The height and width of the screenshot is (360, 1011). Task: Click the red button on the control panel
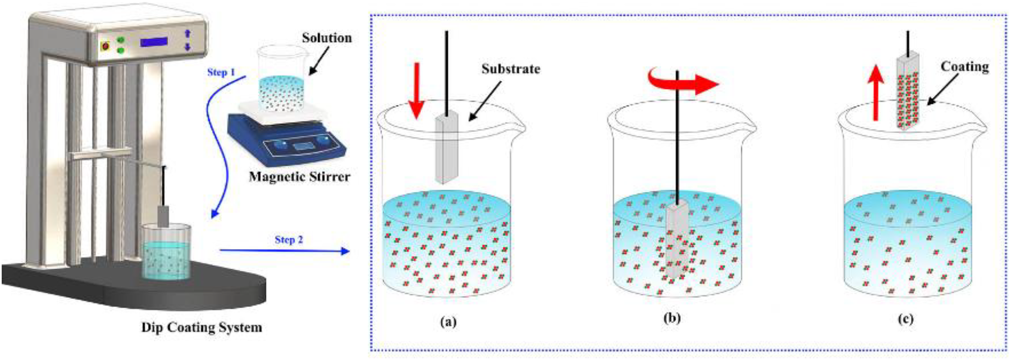105,46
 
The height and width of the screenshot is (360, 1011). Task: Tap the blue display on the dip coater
154,41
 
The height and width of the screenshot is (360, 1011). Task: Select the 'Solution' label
326,38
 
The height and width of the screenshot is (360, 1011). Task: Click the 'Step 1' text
221,72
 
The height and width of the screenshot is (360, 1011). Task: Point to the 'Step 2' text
289,239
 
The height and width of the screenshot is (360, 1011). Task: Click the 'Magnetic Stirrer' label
299,177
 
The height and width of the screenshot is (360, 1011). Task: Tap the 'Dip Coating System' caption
201,327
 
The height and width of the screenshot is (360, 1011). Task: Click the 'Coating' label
965,67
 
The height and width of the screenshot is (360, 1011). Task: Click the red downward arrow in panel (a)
417,90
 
